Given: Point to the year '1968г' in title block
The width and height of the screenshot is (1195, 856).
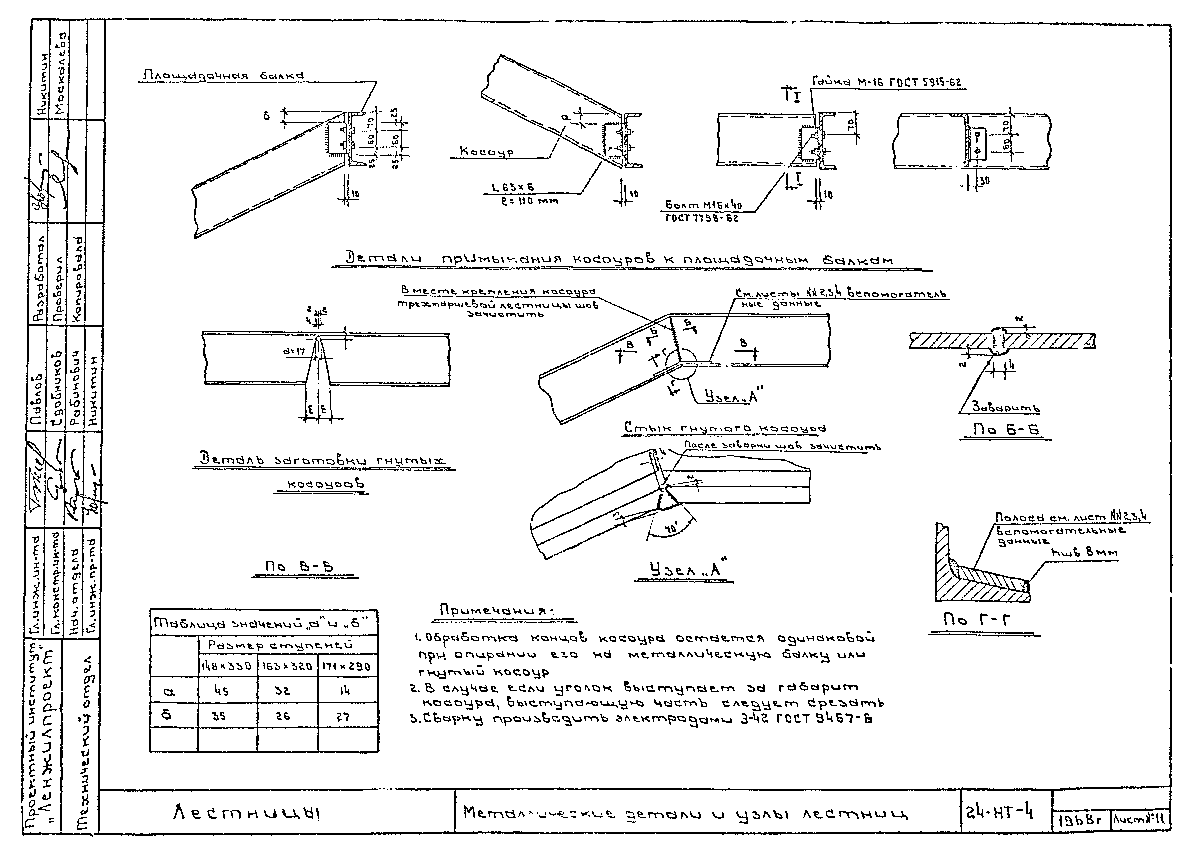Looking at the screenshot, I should (x=1080, y=820).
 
